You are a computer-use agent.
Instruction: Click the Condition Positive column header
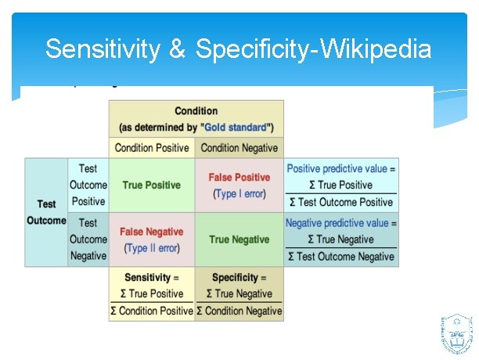[152, 148]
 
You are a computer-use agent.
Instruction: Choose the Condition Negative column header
[239, 148]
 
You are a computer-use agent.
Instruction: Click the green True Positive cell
[151, 185]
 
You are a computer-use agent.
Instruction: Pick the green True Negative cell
[239, 239]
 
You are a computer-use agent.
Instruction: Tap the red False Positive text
[239, 178]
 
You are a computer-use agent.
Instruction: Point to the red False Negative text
[151, 232]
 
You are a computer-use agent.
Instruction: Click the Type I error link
[239, 193]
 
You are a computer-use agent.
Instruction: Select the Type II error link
[152, 248]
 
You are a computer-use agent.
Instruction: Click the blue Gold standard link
[235, 127]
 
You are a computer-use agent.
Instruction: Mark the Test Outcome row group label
[46, 212]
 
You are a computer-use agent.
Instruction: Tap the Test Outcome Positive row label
[88, 185]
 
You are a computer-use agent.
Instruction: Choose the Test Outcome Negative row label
[88, 239]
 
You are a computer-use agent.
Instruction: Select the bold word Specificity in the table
[234, 277]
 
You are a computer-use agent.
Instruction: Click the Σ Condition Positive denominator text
[152, 311]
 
